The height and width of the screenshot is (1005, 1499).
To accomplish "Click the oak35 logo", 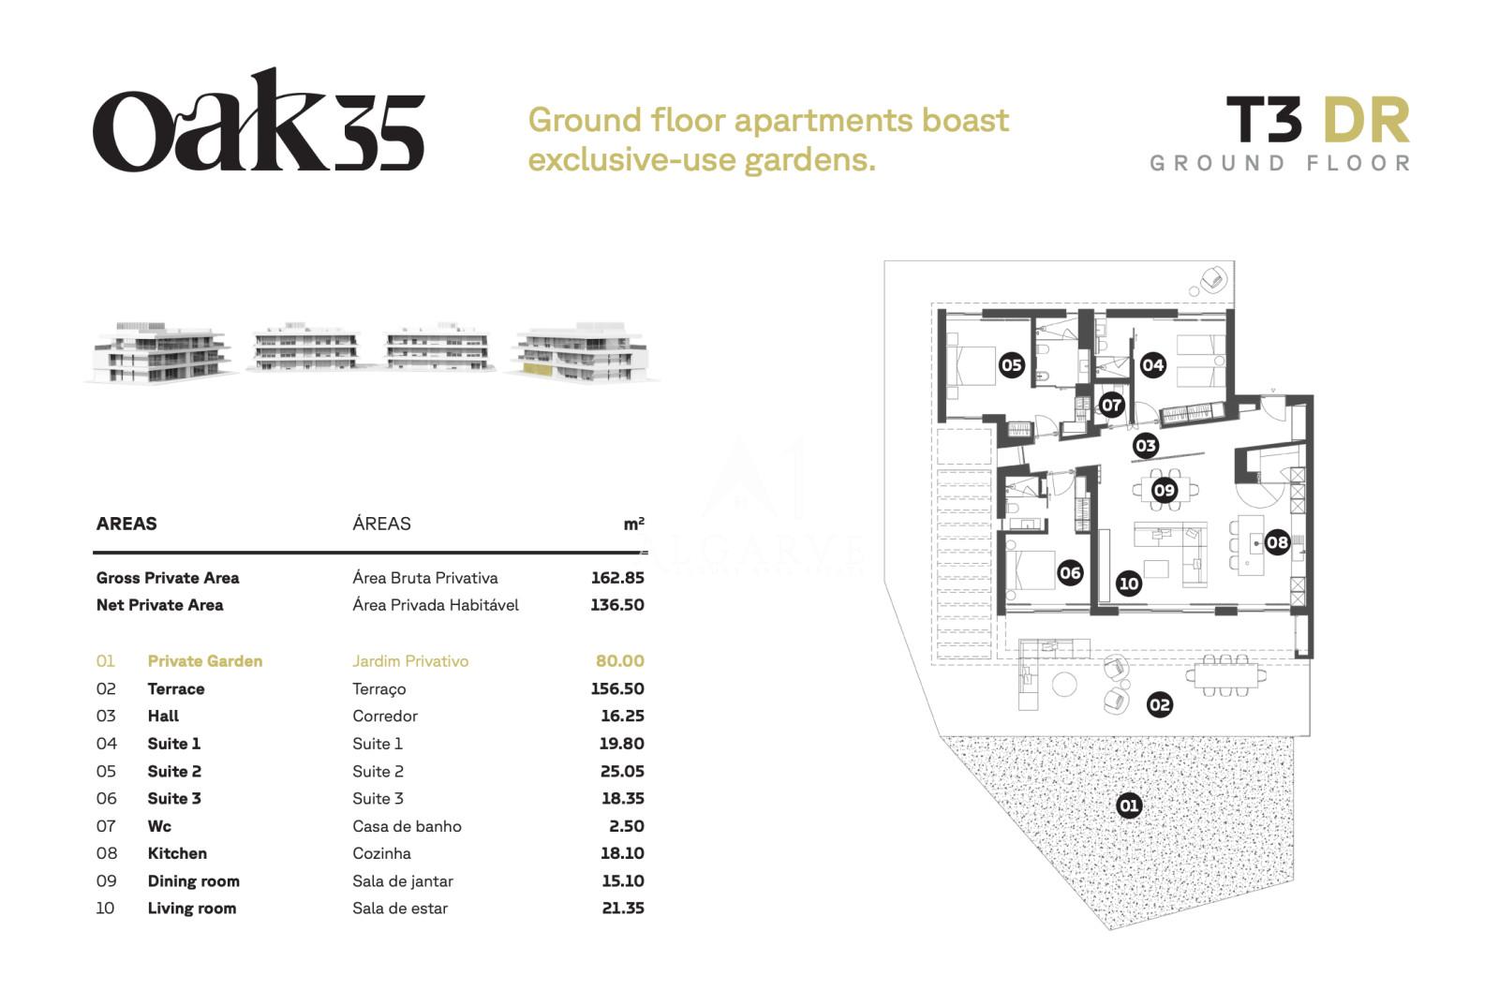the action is (x=259, y=120).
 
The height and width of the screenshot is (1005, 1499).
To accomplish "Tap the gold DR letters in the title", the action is (x=1367, y=121).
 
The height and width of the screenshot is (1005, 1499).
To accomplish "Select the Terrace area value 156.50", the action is (x=617, y=688).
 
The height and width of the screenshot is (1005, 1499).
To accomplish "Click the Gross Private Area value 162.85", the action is (x=617, y=578).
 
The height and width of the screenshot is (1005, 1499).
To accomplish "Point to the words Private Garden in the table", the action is (x=205, y=661).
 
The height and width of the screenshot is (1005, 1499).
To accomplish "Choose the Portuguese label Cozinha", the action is (x=381, y=853).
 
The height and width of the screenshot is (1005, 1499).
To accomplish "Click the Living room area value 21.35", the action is (x=622, y=908).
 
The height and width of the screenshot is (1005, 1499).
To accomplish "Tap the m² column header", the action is (x=633, y=524).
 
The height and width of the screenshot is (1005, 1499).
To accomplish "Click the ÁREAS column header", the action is (x=381, y=524).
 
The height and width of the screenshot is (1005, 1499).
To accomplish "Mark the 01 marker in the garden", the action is (x=1129, y=805).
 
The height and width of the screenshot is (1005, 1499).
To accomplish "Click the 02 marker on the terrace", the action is (x=1160, y=704).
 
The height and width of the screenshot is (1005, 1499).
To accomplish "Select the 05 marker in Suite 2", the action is (x=1011, y=364).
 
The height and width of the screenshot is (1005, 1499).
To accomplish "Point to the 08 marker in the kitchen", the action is (x=1277, y=542).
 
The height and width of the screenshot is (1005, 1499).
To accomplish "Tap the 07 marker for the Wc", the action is (x=1111, y=405).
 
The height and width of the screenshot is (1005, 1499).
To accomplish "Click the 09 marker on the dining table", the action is (x=1165, y=491).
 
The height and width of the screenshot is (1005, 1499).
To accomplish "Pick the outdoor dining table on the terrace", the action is (x=1226, y=676).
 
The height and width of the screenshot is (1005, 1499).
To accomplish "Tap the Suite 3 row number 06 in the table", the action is (x=107, y=798).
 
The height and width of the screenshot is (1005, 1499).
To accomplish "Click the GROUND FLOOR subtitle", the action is (x=1280, y=163).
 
